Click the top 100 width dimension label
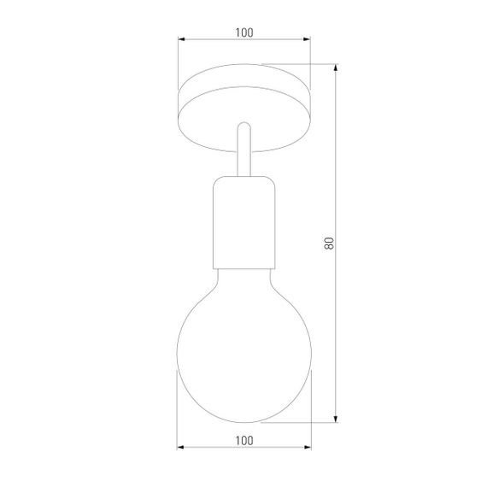243,32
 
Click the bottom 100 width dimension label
243,440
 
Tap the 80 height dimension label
328,243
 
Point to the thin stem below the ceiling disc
243,154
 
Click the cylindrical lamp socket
243,218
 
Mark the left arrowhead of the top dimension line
181,39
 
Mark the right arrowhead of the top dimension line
307,39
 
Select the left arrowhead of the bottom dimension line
181,447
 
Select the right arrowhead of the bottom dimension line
307,447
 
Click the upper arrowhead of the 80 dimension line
336,67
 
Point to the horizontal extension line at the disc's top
299,63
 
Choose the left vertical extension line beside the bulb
178,410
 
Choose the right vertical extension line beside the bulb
310,410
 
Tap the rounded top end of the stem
243,125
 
